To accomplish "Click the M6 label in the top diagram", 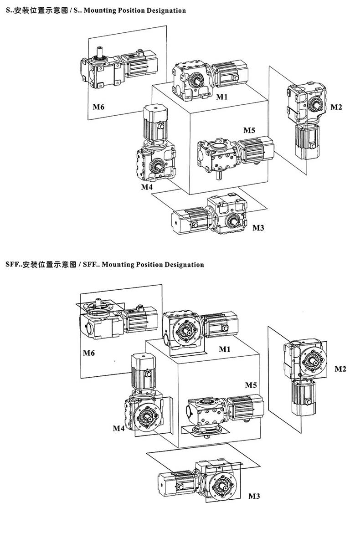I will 98,107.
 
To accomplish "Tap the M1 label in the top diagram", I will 222,97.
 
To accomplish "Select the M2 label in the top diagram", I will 336,107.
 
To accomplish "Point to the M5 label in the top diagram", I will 249,130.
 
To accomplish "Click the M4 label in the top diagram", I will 147,187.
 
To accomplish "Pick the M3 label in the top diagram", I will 258,228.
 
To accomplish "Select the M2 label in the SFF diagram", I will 340,369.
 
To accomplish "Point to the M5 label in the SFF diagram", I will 251,385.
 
